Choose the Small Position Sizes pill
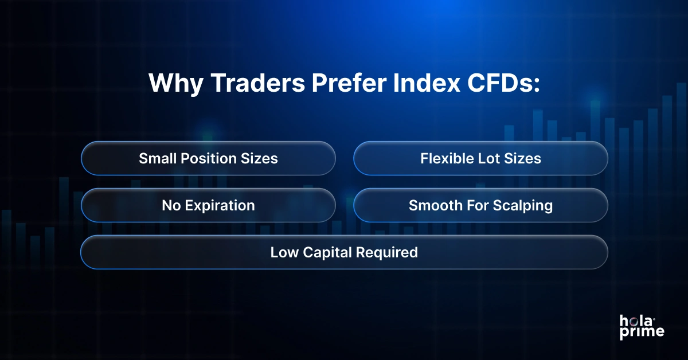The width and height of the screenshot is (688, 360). (x=208, y=158)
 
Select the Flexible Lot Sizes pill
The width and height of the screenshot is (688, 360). (x=480, y=158)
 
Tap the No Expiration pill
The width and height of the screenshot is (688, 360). (x=208, y=205)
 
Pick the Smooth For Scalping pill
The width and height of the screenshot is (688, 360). (x=480, y=205)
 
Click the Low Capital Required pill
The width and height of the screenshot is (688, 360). (x=344, y=252)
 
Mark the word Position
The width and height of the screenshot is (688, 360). (x=212, y=158)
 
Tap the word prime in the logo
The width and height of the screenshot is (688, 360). (x=642, y=332)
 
